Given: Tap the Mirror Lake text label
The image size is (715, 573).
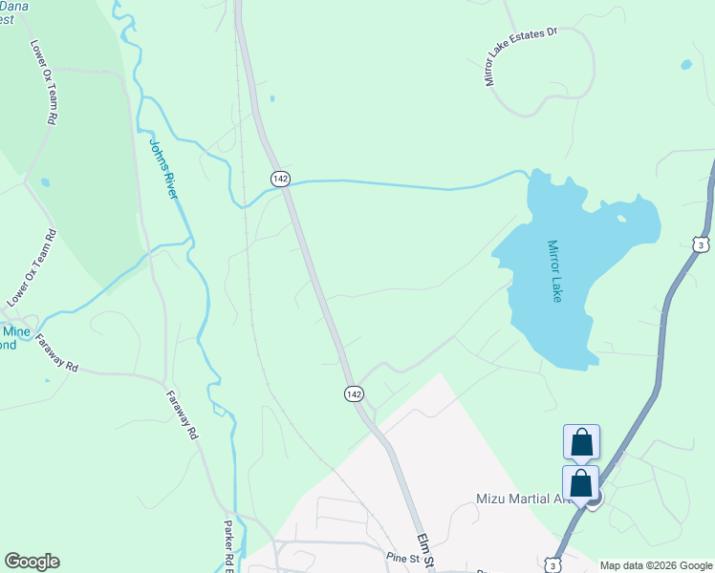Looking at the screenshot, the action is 554,271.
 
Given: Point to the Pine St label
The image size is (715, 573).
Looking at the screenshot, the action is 403,558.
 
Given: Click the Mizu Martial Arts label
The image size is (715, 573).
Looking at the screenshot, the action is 521,499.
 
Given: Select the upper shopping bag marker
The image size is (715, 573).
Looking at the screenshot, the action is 581,443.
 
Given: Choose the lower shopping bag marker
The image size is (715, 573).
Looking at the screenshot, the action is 581,483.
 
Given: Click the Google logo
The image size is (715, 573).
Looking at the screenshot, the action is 32,562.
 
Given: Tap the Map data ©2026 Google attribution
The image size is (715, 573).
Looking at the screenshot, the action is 656,565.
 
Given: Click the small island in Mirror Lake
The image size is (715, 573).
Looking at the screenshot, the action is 621,219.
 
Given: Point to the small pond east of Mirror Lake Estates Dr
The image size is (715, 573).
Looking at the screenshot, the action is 685,65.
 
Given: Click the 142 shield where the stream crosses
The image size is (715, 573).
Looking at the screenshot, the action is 280,179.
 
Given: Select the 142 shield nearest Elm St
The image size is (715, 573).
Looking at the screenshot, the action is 354,393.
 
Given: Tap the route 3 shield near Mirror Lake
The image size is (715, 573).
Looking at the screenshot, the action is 703,244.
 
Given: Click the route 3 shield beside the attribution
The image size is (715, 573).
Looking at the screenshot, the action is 552,565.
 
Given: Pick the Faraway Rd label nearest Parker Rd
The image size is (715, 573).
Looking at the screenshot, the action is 181,415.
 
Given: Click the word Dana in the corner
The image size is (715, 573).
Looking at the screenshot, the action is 13,6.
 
